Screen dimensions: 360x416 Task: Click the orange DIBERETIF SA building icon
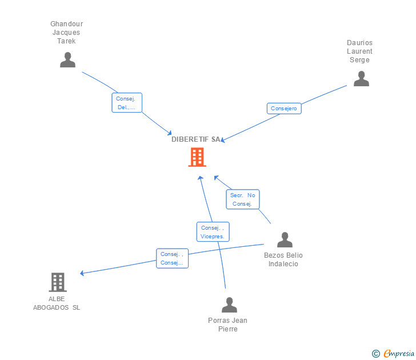[x=197, y=157]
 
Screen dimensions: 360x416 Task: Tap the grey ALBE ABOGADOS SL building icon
[x=57, y=282]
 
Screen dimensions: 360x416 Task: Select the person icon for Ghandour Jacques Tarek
[x=67, y=59]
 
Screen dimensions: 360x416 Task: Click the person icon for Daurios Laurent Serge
[x=361, y=79]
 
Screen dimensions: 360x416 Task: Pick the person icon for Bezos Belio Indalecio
[x=285, y=240]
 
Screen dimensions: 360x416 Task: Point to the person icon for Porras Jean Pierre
[x=229, y=305]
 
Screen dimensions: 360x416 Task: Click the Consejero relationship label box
[x=284, y=109]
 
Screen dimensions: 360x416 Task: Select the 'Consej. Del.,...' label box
[x=126, y=103]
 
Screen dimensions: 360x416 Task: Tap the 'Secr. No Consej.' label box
[x=243, y=199]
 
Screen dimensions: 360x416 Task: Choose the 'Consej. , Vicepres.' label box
[x=213, y=231]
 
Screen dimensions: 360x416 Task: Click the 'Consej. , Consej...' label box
[x=172, y=258]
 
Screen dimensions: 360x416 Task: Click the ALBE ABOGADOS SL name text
[x=57, y=303]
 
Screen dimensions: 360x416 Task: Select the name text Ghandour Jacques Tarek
[x=67, y=33]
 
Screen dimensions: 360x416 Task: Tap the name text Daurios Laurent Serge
[x=360, y=51]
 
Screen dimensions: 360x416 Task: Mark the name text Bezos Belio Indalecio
[x=283, y=259]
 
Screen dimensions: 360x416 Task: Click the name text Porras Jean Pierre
[x=227, y=325]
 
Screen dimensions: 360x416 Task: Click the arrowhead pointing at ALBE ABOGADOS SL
[x=82, y=273]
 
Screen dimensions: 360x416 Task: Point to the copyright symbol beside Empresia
[x=375, y=354]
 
